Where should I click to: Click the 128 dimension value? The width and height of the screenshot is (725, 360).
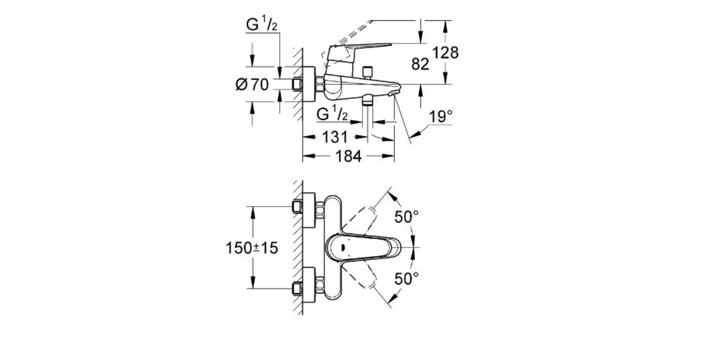(445, 53)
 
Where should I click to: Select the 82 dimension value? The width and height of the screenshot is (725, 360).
(420, 64)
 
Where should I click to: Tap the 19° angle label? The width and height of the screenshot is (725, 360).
(441, 116)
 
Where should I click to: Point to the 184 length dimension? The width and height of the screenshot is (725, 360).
(349, 156)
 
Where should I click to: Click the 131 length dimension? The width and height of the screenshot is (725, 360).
(335, 137)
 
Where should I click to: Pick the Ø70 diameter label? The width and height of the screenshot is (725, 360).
(252, 84)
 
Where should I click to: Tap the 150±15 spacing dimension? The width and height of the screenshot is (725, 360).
(253, 247)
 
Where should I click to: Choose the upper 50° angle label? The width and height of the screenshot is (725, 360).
(407, 216)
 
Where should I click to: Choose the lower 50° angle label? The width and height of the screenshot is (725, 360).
(407, 279)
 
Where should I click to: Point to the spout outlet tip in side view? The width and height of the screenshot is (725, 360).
(393, 92)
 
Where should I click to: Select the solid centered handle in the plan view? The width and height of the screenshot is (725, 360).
(366, 247)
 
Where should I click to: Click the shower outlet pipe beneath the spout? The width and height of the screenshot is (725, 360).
(367, 101)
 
